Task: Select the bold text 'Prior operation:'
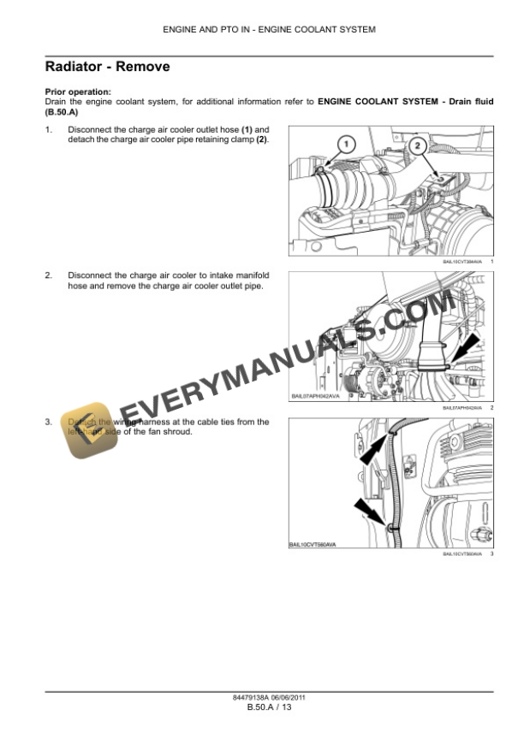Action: pyautogui.click(x=77, y=92)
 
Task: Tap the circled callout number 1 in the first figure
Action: pyautogui.click(x=343, y=145)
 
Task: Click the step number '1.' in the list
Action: pyautogui.click(x=49, y=129)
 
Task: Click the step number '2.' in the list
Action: pyautogui.click(x=49, y=275)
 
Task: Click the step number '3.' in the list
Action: pyautogui.click(x=49, y=422)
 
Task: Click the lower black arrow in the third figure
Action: pyautogui.click(x=372, y=512)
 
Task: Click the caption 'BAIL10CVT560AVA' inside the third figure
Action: pyautogui.click(x=313, y=544)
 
